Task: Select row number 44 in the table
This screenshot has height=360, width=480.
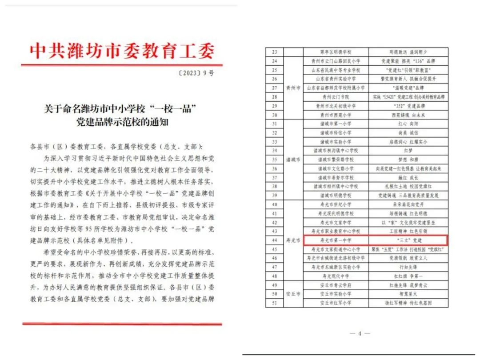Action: pyautogui.click(x=274, y=240)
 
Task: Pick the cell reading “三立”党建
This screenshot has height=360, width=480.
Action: pyautogui.click(x=407, y=240)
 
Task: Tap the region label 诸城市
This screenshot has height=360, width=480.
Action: pyautogui.click(x=293, y=159)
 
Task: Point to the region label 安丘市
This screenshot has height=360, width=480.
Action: pyautogui.click(x=293, y=294)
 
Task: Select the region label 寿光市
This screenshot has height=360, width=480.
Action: pyautogui.click(x=293, y=240)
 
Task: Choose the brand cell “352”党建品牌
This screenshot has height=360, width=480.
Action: pyautogui.click(x=407, y=106)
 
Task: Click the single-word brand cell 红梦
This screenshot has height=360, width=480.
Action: pyautogui.click(x=407, y=150)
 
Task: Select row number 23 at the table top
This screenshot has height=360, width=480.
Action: pyautogui.click(x=274, y=52)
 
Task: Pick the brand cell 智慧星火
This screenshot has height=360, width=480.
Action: pyautogui.click(x=407, y=294)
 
